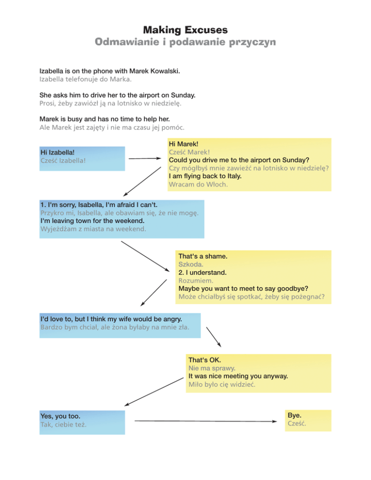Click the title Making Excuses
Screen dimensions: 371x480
click(x=185, y=29)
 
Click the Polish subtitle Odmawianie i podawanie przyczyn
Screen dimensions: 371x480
click(x=185, y=42)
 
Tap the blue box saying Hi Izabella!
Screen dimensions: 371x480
click(x=82, y=158)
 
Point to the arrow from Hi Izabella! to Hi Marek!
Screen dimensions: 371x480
click(x=145, y=158)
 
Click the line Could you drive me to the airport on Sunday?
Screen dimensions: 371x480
click(x=239, y=160)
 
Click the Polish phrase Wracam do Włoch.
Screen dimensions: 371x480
click(x=198, y=184)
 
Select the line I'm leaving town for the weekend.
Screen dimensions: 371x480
click(x=92, y=221)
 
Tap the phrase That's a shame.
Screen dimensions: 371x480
click(x=203, y=256)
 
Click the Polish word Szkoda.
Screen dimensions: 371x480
click(x=190, y=264)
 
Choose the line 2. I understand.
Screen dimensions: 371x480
click(x=202, y=272)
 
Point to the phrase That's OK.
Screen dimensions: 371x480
click(x=205, y=360)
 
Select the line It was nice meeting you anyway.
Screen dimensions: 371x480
click(x=238, y=376)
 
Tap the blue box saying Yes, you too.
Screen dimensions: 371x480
click(x=82, y=423)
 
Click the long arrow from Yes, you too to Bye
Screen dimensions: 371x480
click(x=206, y=421)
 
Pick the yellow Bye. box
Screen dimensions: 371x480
click(x=308, y=421)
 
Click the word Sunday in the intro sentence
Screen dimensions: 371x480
click(x=183, y=95)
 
